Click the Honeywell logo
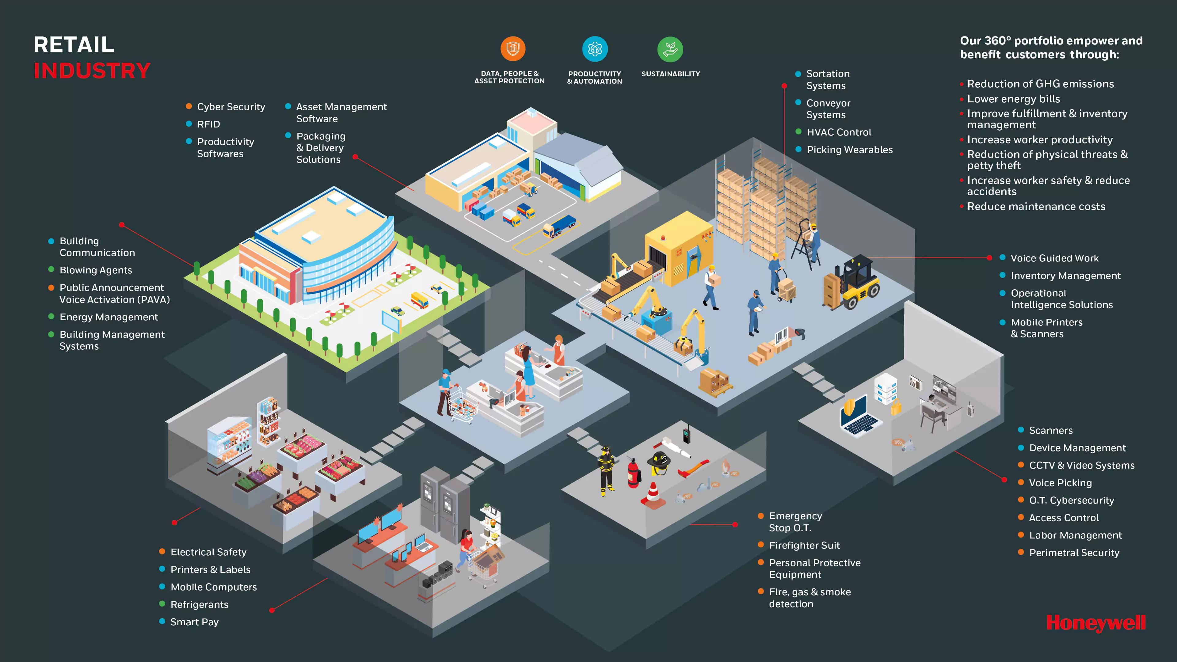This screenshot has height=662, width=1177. click(x=1096, y=623)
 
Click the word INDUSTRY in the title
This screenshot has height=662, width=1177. click(x=92, y=71)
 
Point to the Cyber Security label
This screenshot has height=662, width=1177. click(x=231, y=107)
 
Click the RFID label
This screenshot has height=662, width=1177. click(x=208, y=124)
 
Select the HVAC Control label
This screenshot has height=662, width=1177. click(x=839, y=132)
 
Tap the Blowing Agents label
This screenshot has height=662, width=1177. click(x=96, y=270)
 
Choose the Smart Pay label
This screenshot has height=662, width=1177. click(x=194, y=622)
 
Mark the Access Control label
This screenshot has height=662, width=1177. click(x=1064, y=518)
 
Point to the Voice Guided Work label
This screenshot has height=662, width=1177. click(x=1054, y=258)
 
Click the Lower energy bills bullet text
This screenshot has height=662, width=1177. click(x=1013, y=99)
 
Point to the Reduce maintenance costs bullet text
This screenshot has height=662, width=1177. click(x=1036, y=207)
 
